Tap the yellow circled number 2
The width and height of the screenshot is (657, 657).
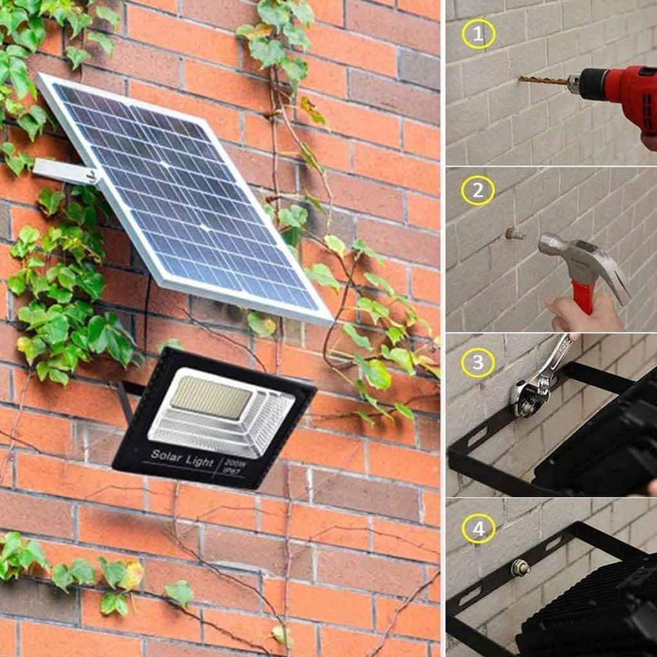(478, 190)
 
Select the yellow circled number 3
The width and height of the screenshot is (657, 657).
(478, 363)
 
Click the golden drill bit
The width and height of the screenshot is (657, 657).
(542, 80)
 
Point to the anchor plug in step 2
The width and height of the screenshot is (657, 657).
(513, 234)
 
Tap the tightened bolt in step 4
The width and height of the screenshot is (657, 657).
(516, 567)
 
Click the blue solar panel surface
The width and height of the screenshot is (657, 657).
(186, 199)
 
